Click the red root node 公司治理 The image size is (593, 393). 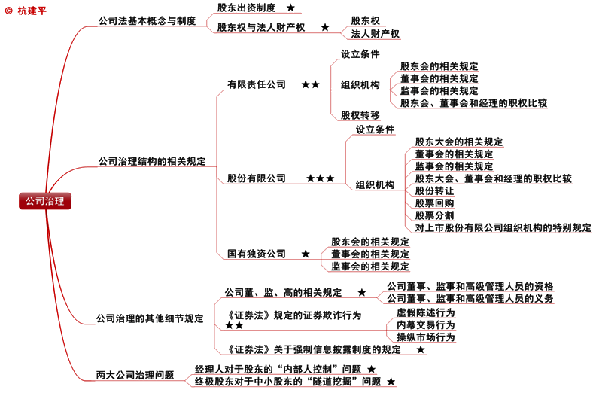coord(45,201)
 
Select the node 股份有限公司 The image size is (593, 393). coord(257,178)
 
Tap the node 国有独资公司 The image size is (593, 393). coord(257,254)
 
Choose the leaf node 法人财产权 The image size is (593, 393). coord(371,34)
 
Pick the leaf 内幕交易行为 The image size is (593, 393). coord(425,324)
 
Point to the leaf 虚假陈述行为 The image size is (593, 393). coord(425,312)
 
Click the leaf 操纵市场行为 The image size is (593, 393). coord(425,337)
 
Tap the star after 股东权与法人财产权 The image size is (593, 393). coord(325,27)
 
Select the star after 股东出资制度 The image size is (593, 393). coord(291,8)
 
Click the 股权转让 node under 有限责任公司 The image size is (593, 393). coord(360,115)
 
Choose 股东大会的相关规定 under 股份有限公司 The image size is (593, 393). coord(459,142)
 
